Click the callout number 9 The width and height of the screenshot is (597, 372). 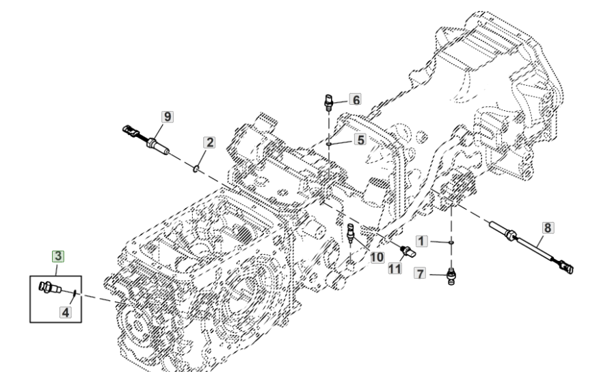pyautogui.click(x=165, y=116)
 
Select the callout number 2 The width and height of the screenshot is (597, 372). pyautogui.click(x=209, y=142)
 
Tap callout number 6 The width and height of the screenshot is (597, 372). pyautogui.click(x=354, y=99)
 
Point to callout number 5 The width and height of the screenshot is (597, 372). pyautogui.click(x=360, y=138)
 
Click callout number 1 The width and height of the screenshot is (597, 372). pyautogui.click(x=422, y=241)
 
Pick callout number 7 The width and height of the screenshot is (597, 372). pyautogui.click(x=422, y=274)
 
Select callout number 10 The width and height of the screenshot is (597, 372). pyautogui.click(x=377, y=258)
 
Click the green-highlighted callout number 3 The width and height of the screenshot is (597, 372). pyautogui.click(x=59, y=256)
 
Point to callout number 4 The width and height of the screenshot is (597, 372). pyautogui.click(x=66, y=312)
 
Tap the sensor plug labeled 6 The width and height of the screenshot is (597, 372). pyautogui.click(x=328, y=104)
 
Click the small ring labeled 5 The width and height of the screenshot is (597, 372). pyautogui.click(x=329, y=144)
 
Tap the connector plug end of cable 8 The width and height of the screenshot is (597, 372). pyautogui.click(x=567, y=267)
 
